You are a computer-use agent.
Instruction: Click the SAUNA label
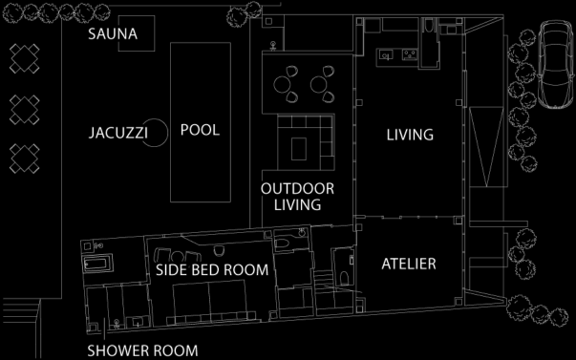click(x=113, y=33)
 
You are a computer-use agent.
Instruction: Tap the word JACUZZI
click(x=118, y=133)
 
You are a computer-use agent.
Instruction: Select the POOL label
click(x=200, y=130)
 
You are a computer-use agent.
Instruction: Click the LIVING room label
click(x=410, y=135)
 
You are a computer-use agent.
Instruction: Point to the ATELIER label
click(x=409, y=264)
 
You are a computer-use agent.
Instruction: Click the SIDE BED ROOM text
click(x=212, y=270)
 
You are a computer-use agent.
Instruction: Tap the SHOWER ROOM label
click(x=142, y=350)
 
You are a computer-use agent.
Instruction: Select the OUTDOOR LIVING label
click(x=297, y=197)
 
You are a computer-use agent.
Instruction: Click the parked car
click(x=556, y=64)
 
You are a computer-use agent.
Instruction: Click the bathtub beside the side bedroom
click(x=97, y=264)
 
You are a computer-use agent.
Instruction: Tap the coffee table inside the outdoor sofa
click(x=299, y=148)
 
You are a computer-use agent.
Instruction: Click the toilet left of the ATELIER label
click(x=344, y=278)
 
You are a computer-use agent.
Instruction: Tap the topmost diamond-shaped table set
click(x=24, y=59)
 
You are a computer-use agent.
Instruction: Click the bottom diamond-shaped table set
click(x=24, y=159)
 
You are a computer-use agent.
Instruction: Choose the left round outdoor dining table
click(x=283, y=84)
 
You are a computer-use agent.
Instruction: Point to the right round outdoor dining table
click(x=319, y=84)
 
